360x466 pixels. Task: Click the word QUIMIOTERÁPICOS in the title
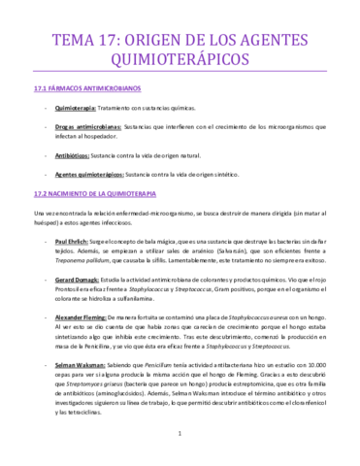tap(180, 59)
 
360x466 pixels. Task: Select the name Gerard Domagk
tap(82, 278)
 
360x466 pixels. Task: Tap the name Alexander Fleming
tap(88, 316)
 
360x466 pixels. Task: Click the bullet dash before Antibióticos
tap(47, 153)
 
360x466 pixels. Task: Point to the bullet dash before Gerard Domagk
tap(47, 278)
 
